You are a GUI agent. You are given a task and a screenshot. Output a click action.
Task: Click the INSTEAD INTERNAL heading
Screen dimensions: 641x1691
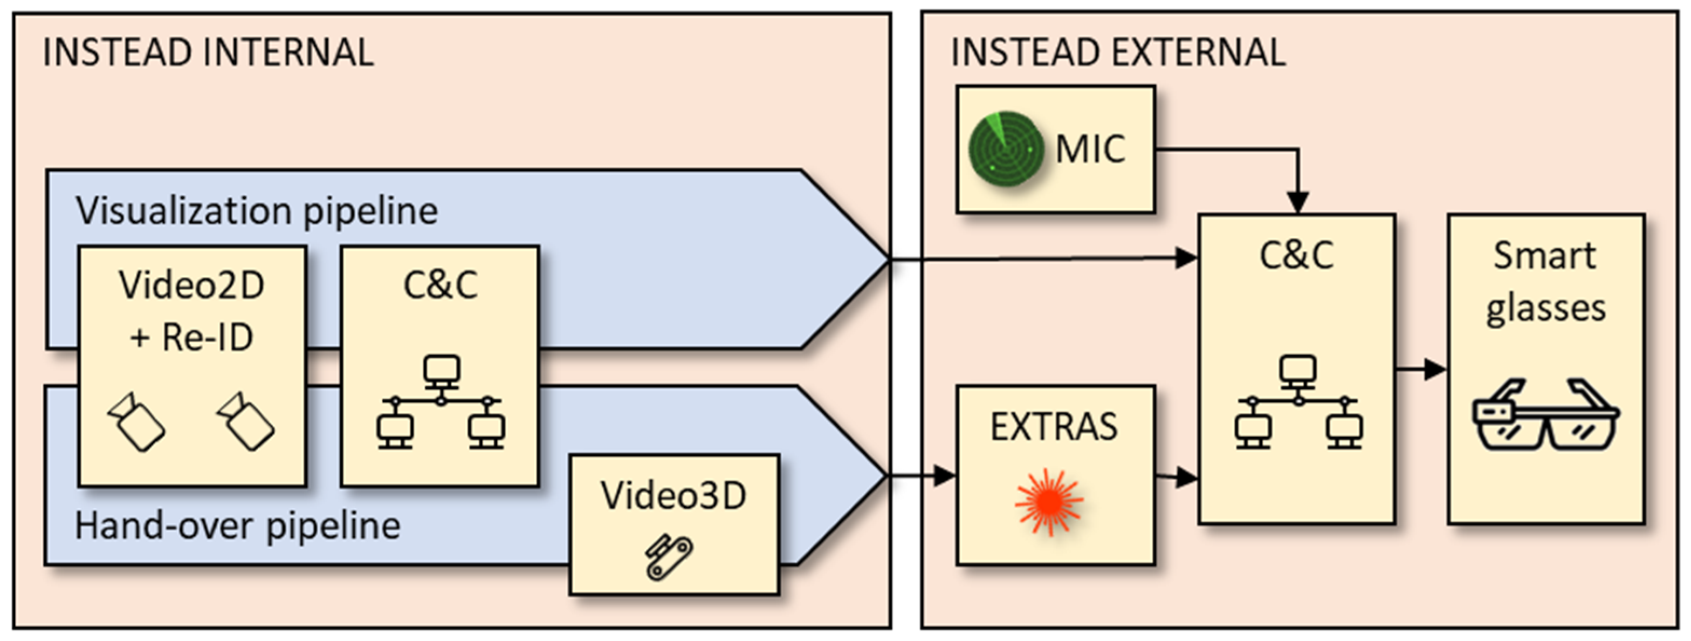tap(208, 52)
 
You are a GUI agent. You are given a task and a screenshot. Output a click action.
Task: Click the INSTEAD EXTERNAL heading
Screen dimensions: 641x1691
tap(1118, 52)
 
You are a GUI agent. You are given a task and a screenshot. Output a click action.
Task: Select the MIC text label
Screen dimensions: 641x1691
tap(1090, 149)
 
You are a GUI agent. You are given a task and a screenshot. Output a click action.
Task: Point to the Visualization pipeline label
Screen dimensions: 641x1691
tap(257, 211)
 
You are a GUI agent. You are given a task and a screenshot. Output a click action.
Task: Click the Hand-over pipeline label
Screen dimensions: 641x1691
tap(238, 526)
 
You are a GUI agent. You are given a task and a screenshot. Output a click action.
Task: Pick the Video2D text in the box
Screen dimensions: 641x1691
tap(191, 285)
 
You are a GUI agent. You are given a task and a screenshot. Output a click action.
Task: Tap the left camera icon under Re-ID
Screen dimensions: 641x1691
tap(136, 422)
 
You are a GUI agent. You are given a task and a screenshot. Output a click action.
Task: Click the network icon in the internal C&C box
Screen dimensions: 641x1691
tap(441, 402)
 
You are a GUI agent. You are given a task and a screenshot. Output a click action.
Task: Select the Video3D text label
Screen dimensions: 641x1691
tap(673, 495)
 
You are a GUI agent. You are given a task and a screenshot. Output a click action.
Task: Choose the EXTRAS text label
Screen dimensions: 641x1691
tap(1054, 427)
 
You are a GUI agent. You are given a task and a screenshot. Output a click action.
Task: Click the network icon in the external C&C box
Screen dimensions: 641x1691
tap(1298, 402)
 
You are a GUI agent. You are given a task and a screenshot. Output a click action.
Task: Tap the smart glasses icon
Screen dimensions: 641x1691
tap(1546, 415)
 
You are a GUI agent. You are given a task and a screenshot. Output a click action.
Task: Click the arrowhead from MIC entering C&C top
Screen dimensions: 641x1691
tap(1298, 202)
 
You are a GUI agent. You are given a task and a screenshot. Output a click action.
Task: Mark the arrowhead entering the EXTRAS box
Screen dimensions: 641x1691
tap(945, 475)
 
